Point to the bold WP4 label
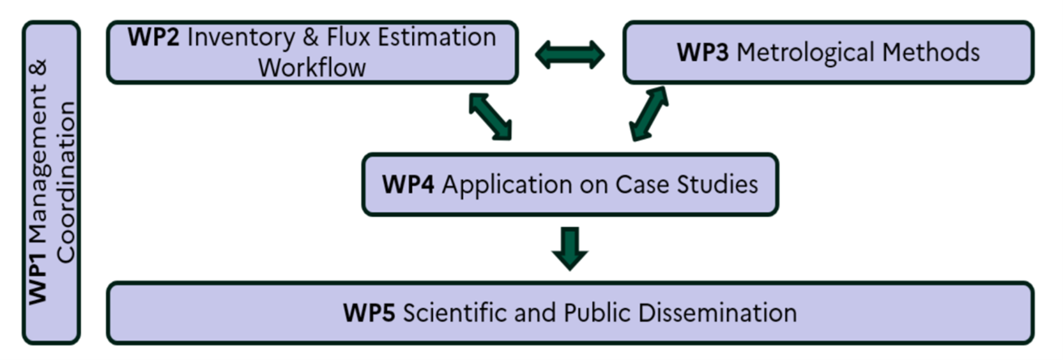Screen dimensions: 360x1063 pos(409,184)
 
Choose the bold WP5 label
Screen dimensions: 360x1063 pos(369,313)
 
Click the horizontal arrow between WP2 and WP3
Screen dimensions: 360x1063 pos(570,54)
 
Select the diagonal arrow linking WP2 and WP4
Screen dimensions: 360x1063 pos(491,116)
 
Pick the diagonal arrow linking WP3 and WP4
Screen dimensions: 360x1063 pos(649,114)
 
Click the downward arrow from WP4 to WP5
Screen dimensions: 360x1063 pos(571,248)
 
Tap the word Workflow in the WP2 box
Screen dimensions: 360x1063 pos(311,67)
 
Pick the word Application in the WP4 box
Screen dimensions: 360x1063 pos(495,185)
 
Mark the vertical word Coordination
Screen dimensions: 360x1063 pos(66,182)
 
